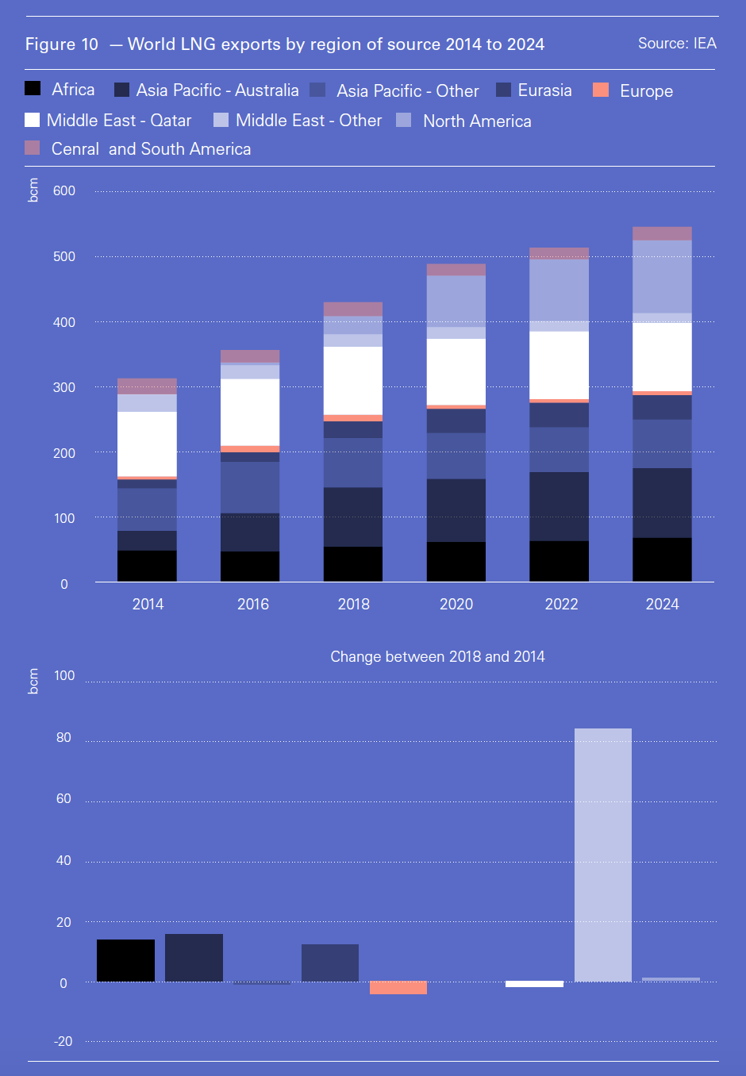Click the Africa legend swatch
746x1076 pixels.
click(33, 89)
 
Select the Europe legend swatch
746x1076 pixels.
click(601, 90)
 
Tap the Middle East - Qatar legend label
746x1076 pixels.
click(119, 121)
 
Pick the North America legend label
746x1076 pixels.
click(477, 121)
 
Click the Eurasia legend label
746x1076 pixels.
click(544, 90)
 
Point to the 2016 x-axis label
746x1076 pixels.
click(253, 605)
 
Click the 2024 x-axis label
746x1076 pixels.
click(662, 605)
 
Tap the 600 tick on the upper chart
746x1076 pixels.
click(64, 191)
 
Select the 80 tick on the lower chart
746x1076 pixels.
click(63, 738)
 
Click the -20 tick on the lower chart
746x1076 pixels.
click(63, 1042)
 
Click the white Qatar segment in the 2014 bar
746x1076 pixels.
click(147, 444)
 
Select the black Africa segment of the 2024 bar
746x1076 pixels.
click(662, 560)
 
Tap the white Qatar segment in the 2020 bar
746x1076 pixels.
click(456, 371)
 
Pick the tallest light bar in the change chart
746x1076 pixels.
click(603, 855)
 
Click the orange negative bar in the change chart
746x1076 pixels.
click(398, 988)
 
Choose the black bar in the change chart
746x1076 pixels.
click(125, 961)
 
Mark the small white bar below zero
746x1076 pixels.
click(534, 985)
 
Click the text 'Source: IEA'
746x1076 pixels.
click(677, 44)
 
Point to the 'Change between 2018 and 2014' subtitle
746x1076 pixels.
click(437, 657)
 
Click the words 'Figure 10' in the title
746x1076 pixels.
click(62, 44)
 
